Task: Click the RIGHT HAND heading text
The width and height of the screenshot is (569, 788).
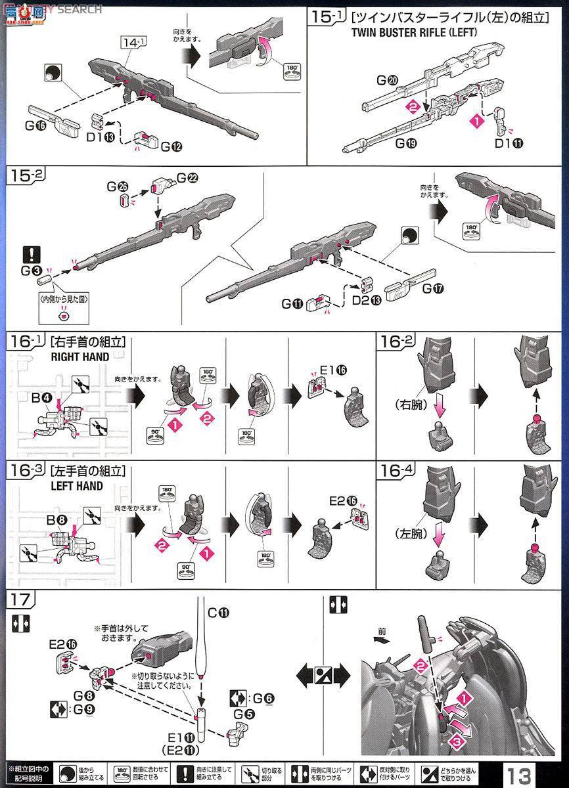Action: tap(76, 358)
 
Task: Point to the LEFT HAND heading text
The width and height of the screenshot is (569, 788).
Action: tap(76, 486)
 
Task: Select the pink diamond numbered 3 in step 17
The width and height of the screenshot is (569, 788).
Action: tap(453, 741)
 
